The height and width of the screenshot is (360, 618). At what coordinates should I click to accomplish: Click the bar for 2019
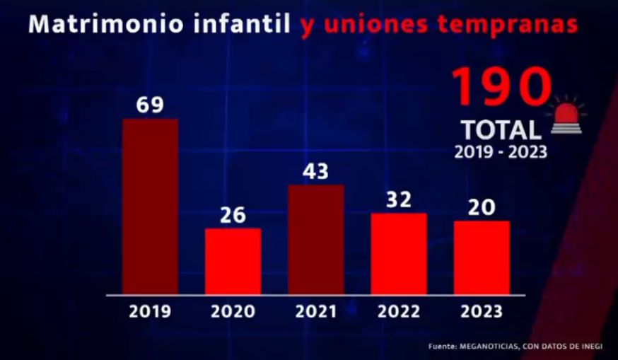(150, 205)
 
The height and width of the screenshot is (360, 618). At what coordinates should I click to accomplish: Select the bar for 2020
(233, 260)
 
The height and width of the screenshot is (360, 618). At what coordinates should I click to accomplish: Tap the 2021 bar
(316, 238)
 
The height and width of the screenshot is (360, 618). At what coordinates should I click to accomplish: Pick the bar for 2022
(399, 252)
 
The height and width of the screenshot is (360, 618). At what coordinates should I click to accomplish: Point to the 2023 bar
(482, 257)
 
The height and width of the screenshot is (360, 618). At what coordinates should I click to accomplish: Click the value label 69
(150, 105)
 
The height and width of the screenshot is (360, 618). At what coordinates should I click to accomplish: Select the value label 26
(233, 214)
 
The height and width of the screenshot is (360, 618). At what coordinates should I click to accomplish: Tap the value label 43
(316, 171)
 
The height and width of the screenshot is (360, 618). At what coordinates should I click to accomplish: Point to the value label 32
(399, 199)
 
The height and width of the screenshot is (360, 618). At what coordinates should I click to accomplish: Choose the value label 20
(482, 207)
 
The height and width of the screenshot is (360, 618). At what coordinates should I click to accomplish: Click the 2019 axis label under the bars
(150, 312)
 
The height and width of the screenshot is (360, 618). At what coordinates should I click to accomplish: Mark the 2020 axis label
(233, 312)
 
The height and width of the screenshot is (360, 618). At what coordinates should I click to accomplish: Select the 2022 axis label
(399, 312)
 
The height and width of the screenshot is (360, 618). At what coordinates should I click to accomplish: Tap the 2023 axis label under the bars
(482, 312)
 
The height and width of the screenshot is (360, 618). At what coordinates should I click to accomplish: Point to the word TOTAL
(501, 130)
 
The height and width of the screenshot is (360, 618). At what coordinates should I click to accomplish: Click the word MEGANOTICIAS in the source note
(489, 346)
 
